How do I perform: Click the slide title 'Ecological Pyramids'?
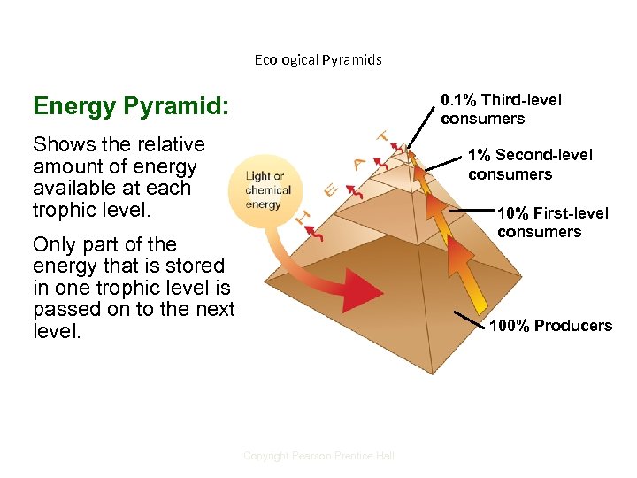click(x=318, y=60)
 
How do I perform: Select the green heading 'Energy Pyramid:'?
click(x=130, y=107)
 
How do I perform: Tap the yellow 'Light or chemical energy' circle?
click(x=264, y=189)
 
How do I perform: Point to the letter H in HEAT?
click(x=303, y=216)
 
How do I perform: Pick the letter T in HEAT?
click(x=384, y=137)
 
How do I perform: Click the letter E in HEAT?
click(x=330, y=189)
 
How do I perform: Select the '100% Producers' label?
click(x=550, y=326)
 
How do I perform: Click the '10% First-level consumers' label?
click(x=552, y=222)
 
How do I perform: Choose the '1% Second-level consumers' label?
click(x=530, y=165)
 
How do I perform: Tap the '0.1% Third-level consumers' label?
click(x=501, y=110)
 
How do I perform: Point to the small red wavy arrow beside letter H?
click(x=318, y=232)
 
